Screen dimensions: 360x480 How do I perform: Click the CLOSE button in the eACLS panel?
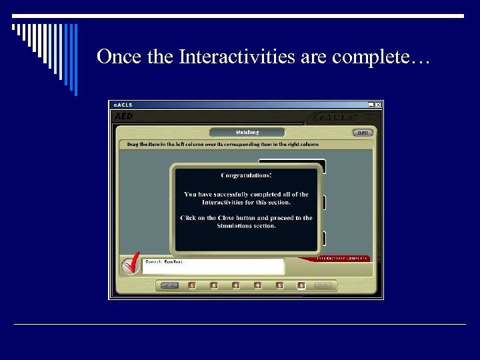click(362, 132)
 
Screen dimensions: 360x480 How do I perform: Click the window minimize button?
click(371, 105)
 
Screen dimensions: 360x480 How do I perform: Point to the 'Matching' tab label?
click(247, 132)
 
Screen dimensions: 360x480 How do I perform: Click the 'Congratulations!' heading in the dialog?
click(246, 175)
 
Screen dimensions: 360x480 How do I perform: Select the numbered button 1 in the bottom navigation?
click(192, 285)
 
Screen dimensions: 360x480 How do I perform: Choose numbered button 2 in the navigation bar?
click(214, 285)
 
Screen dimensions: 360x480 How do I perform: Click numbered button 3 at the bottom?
click(236, 285)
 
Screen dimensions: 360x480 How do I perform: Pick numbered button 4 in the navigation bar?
click(258, 285)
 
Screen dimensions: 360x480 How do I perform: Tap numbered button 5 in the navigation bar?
click(280, 285)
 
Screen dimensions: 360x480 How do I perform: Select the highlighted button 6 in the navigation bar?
click(301, 285)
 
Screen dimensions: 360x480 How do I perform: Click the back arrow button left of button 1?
click(170, 285)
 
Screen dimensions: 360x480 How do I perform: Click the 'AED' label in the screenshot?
click(124, 116)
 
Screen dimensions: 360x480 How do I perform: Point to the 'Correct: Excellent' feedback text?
click(163, 262)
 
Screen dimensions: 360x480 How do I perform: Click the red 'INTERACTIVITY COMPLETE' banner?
click(342, 258)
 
